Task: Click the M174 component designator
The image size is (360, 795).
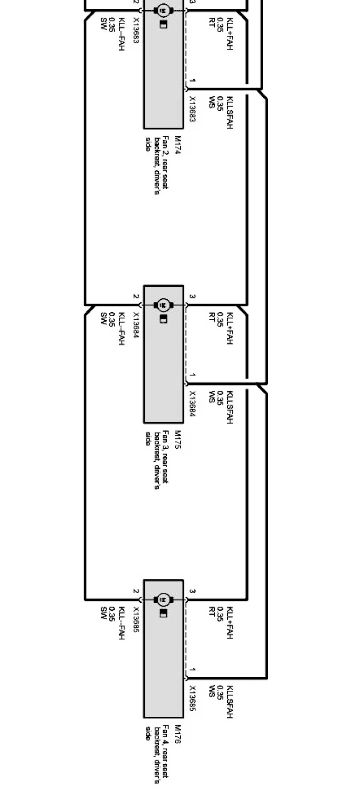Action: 177,145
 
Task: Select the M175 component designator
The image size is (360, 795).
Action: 177,440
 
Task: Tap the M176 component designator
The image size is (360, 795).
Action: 177,734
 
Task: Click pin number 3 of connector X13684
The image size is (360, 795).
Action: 192,296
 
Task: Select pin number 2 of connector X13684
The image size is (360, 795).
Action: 136,296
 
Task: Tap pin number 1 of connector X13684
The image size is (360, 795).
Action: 192,375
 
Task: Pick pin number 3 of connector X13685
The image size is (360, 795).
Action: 192,591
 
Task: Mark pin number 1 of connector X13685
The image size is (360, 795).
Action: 192,669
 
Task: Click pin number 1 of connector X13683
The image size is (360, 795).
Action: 192,81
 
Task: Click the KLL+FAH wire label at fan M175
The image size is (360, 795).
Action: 230,329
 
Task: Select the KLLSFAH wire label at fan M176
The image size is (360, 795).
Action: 230,701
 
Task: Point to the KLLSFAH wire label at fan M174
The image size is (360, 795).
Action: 230,112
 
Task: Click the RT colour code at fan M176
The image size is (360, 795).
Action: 211,611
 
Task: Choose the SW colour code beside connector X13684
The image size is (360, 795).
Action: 103,318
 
